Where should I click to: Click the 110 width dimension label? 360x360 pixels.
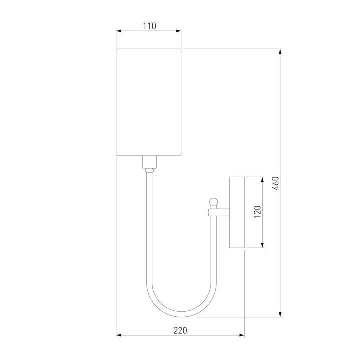coord(149,26)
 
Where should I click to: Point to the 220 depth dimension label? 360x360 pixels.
coord(180,330)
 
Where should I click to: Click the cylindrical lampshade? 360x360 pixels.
coord(149,102)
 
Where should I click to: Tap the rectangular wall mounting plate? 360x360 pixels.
coord(237,212)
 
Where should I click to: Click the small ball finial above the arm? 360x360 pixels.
coord(214,202)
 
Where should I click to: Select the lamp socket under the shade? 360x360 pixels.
coord(149,162)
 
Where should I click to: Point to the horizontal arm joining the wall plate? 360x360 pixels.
coord(220,213)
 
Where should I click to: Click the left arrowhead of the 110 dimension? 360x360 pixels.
coord(118,31)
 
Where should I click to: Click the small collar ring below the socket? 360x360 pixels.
coord(149,171)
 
